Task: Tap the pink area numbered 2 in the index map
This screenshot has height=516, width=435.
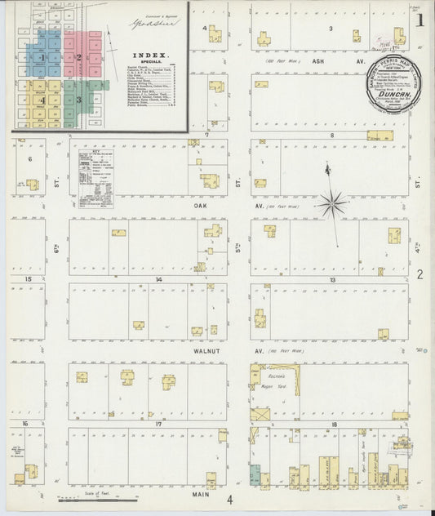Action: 81,57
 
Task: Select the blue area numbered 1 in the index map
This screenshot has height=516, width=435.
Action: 42,57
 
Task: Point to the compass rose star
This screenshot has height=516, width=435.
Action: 332,203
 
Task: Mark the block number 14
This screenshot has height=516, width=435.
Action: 160,280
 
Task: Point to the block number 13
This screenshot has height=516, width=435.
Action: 332,280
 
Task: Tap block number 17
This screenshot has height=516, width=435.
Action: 160,425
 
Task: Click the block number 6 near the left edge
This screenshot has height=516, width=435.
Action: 30,159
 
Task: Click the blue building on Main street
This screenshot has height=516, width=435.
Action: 255,474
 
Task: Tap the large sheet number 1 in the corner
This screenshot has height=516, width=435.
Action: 420,18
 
